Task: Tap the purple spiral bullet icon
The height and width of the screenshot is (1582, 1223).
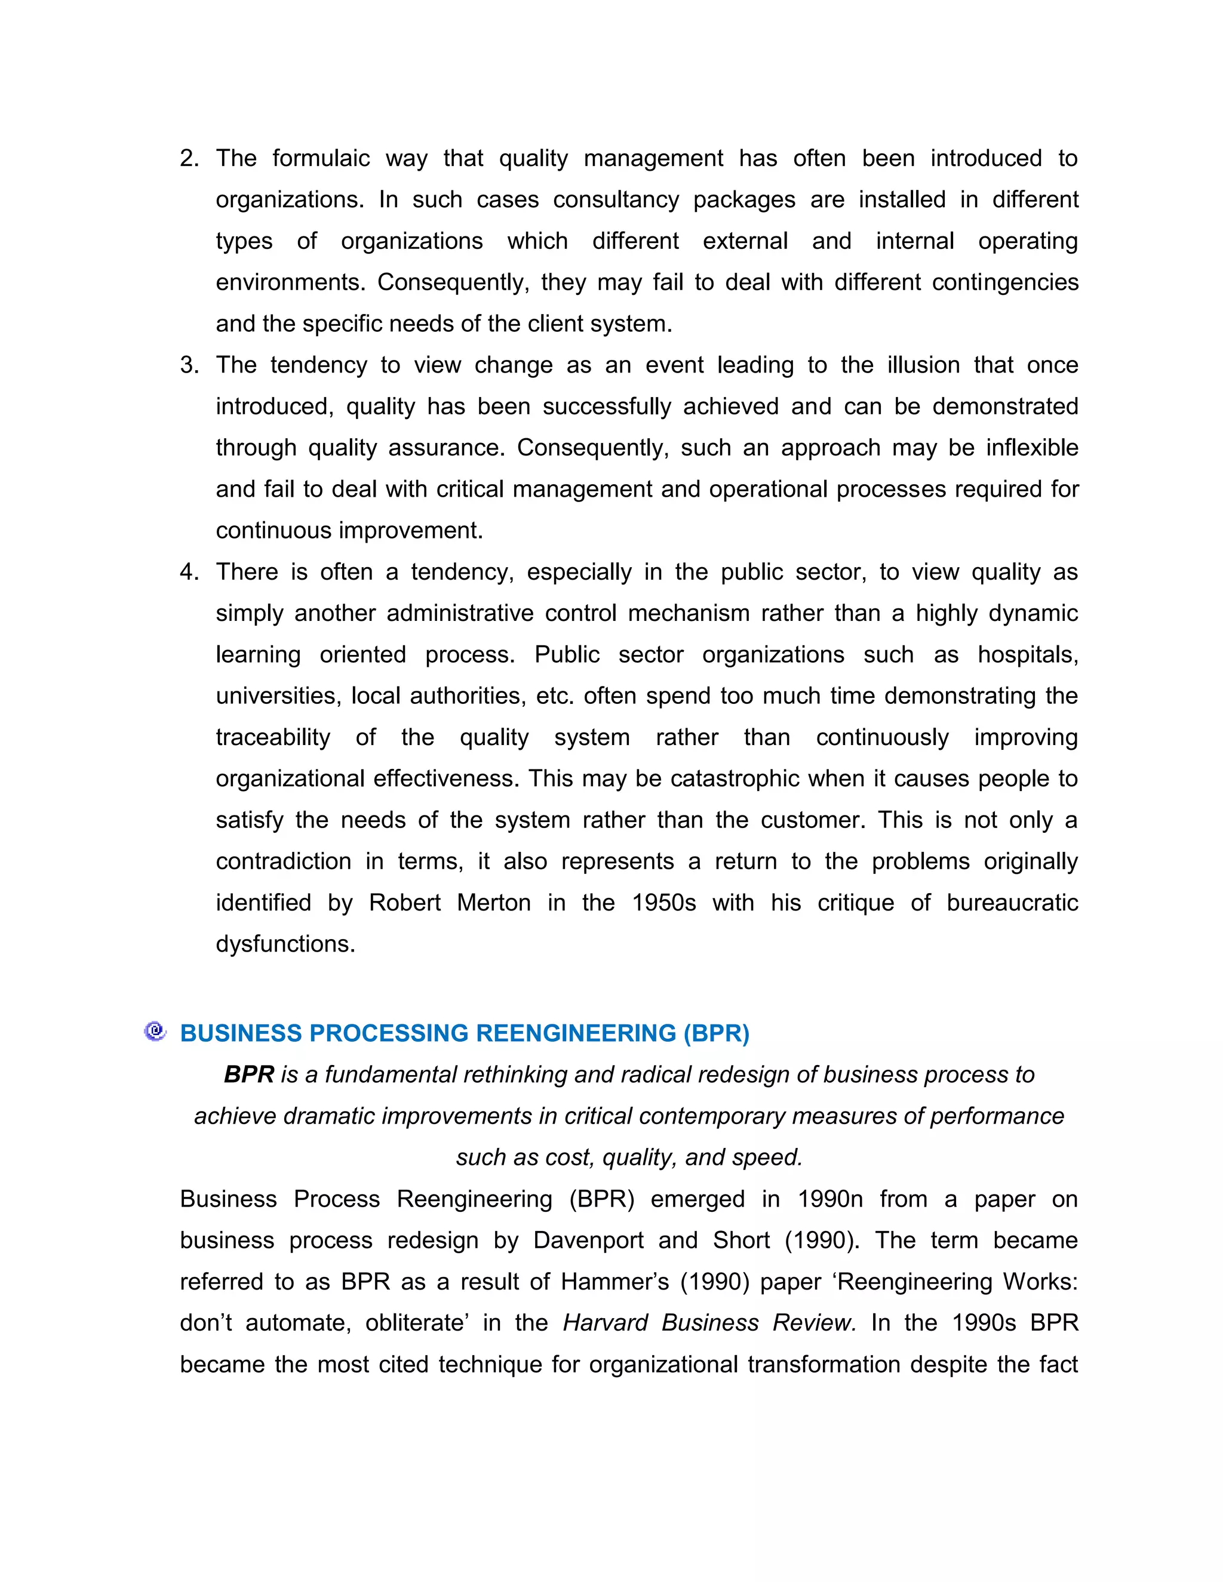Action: (x=155, y=1032)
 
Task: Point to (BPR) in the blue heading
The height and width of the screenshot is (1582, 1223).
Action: (x=716, y=1033)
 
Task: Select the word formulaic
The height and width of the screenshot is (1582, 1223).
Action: (x=321, y=159)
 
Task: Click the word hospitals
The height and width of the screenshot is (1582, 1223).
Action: (x=1027, y=655)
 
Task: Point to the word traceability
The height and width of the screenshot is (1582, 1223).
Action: (x=272, y=737)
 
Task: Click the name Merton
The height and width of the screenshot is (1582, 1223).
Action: (x=493, y=903)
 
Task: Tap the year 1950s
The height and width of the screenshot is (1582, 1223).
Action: (x=663, y=903)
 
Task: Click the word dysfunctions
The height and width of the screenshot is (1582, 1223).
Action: (x=285, y=944)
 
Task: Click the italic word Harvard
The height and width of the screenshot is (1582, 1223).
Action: (x=605, y=1324)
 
